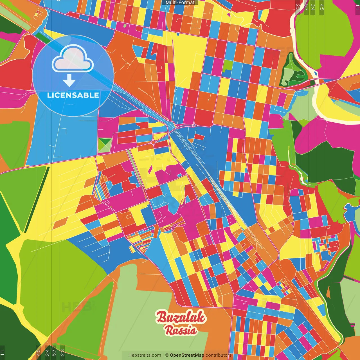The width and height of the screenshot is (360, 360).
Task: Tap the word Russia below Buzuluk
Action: coord(181,330)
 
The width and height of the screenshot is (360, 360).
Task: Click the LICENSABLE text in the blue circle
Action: coord(73,95)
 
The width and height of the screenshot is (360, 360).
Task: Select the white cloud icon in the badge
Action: coord(73,58)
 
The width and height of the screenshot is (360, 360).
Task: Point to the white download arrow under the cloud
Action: coord(69,81)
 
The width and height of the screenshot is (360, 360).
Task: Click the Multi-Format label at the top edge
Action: coord(180,3)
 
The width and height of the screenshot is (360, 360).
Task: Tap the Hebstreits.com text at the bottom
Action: coord(145,355)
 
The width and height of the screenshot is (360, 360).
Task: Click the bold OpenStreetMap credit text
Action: coord(187,355)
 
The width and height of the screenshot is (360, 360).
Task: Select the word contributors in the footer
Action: coord(219,355)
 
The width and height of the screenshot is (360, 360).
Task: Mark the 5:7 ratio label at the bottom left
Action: coord(54,352)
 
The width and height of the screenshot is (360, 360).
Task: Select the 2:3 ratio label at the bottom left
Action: coord(62,352)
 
